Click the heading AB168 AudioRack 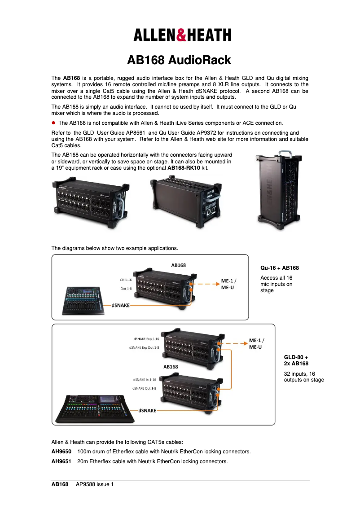pyautogui.click(x=179, y=60)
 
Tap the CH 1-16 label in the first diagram pyautogui.click(x=125, y=280)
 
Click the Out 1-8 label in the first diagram pyautogui.click(x=126, y=289)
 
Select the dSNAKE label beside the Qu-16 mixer pyautogui.click(x=121, y=305)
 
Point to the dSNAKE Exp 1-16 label pyautogui.click(x=146, y=339)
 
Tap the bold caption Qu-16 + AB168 pyautogui.click(x=280, y=268)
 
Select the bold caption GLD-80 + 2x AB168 pyautogui.click(x=296, y=360)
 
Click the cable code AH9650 pyautogui.click(x=61, y=451)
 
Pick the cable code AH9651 pyautogui.click(x=61, y=461)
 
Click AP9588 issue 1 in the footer pyautogui.click(x=95, y=484)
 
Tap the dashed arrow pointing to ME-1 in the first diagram pyautogui.click(x=207, y=284)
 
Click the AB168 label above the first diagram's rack pyautogui.click(x=178, y=265)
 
